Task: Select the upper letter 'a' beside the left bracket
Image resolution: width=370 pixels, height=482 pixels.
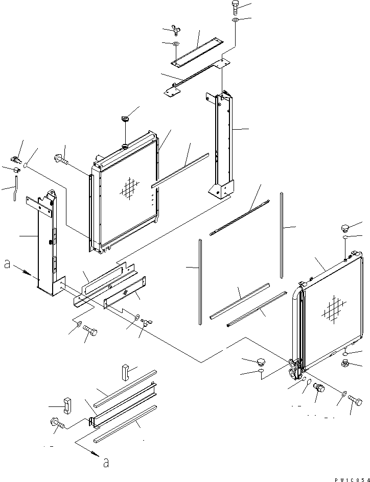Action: (7, 264)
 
